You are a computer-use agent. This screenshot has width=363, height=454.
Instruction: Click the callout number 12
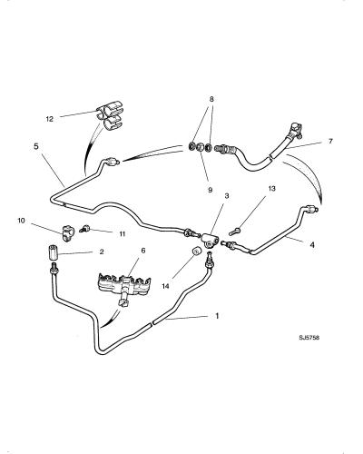tap(50, 119)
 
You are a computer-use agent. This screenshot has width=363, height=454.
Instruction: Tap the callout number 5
tap(36, 146)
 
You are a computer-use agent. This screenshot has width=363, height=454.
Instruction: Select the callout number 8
tap(211, 99)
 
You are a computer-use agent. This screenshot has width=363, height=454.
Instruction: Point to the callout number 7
tap(330, 141)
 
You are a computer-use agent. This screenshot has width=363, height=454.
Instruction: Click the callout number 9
tap(210, 190)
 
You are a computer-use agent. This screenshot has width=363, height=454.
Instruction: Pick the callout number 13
tap(272, 189)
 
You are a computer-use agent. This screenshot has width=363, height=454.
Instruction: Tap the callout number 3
tap(227, 196)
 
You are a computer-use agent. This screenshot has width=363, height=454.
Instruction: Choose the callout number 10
tap(21, 221)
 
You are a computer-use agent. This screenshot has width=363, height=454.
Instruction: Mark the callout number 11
tap(122, 234)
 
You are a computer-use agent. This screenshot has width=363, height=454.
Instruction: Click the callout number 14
tap(165, 286)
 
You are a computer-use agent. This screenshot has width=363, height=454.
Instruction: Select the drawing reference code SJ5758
tap(309, 338)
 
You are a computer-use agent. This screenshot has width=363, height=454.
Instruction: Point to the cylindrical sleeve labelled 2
tap(54, 252)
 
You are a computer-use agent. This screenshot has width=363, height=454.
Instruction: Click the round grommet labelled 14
tap(197, 251)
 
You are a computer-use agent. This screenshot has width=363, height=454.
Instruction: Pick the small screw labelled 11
tap(83, 229)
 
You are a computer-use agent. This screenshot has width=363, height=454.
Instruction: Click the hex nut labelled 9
tap(200, 148)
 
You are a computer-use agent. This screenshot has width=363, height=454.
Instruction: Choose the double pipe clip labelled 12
tap(109, 117)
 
